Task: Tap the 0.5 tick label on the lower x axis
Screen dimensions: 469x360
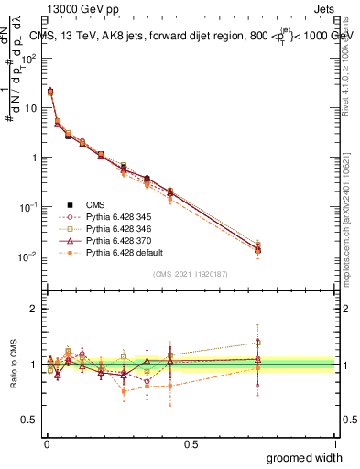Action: pyautogui.click(x=191, y=443)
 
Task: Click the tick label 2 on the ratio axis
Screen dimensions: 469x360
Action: pyautogui.click(x=32, y=309)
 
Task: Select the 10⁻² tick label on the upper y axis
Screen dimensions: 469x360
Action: pyautogui.click(x=28, y=256)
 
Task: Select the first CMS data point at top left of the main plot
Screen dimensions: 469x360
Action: pyautogui.click(x=49, y=92)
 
